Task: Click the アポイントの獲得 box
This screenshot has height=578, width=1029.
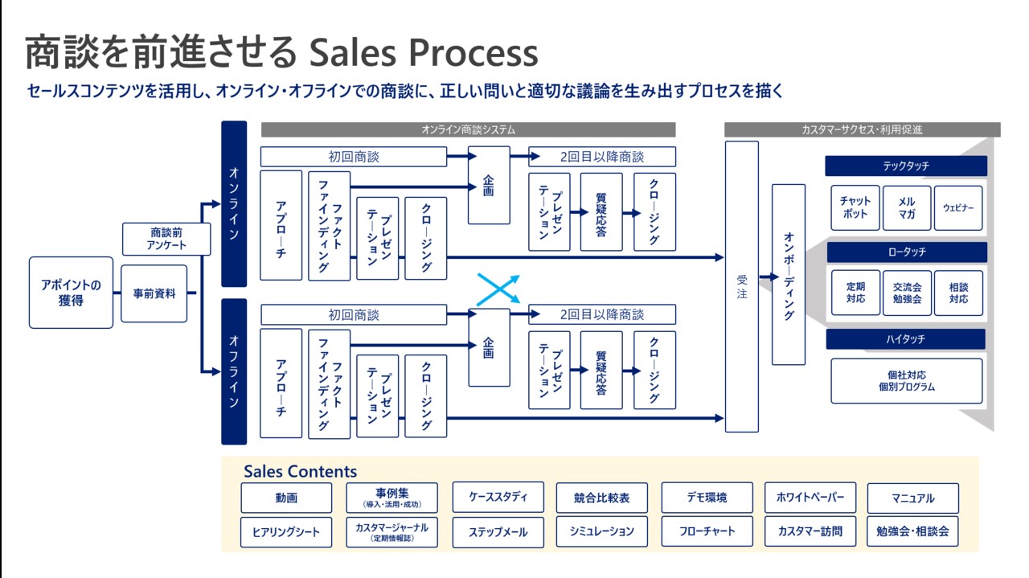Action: coord(71,293)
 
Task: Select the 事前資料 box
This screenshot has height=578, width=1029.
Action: coord(154,293)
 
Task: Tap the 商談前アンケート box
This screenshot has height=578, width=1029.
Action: coord(166,239)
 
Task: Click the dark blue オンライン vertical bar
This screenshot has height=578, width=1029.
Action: coord(233,203)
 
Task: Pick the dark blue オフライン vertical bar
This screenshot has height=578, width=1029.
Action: coord(233,371)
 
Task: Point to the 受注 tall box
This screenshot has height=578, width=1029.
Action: coord(741,286)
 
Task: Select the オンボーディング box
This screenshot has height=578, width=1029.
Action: coord(788,274)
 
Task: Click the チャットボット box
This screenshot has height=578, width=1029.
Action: coord(855,208)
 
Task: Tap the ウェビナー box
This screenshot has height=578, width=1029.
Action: coord(958,208)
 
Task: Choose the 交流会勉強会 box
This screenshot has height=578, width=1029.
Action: coord(906,293)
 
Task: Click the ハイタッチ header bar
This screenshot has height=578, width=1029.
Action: coord(905,339)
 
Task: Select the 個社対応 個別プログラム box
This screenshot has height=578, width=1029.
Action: coord(906,381)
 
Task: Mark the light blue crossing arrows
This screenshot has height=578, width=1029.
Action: coord(498,289)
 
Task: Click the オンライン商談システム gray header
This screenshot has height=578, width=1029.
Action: coord(468,129)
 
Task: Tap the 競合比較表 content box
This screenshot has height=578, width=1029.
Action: coord(601,498)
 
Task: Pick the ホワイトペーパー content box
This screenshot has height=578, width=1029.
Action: coord(810,498)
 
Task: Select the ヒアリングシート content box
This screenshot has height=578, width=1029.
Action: coord(286,532)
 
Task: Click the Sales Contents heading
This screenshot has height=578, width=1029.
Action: coord(300,472)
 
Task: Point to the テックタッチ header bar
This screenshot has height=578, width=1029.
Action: coord(905,166)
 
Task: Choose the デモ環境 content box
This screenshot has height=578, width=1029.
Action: coord(707,498)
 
